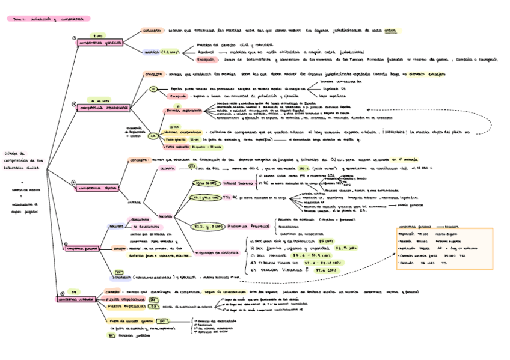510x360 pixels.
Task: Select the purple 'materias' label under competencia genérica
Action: [152, 52]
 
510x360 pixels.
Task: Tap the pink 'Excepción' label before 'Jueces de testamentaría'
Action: [206, 60]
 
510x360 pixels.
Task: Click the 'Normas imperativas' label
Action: [184, 111]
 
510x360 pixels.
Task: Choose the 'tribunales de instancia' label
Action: [214, 253]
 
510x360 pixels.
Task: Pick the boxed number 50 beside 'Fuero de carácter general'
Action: [162, 321]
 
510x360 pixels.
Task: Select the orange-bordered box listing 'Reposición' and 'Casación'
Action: [441, 247]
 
